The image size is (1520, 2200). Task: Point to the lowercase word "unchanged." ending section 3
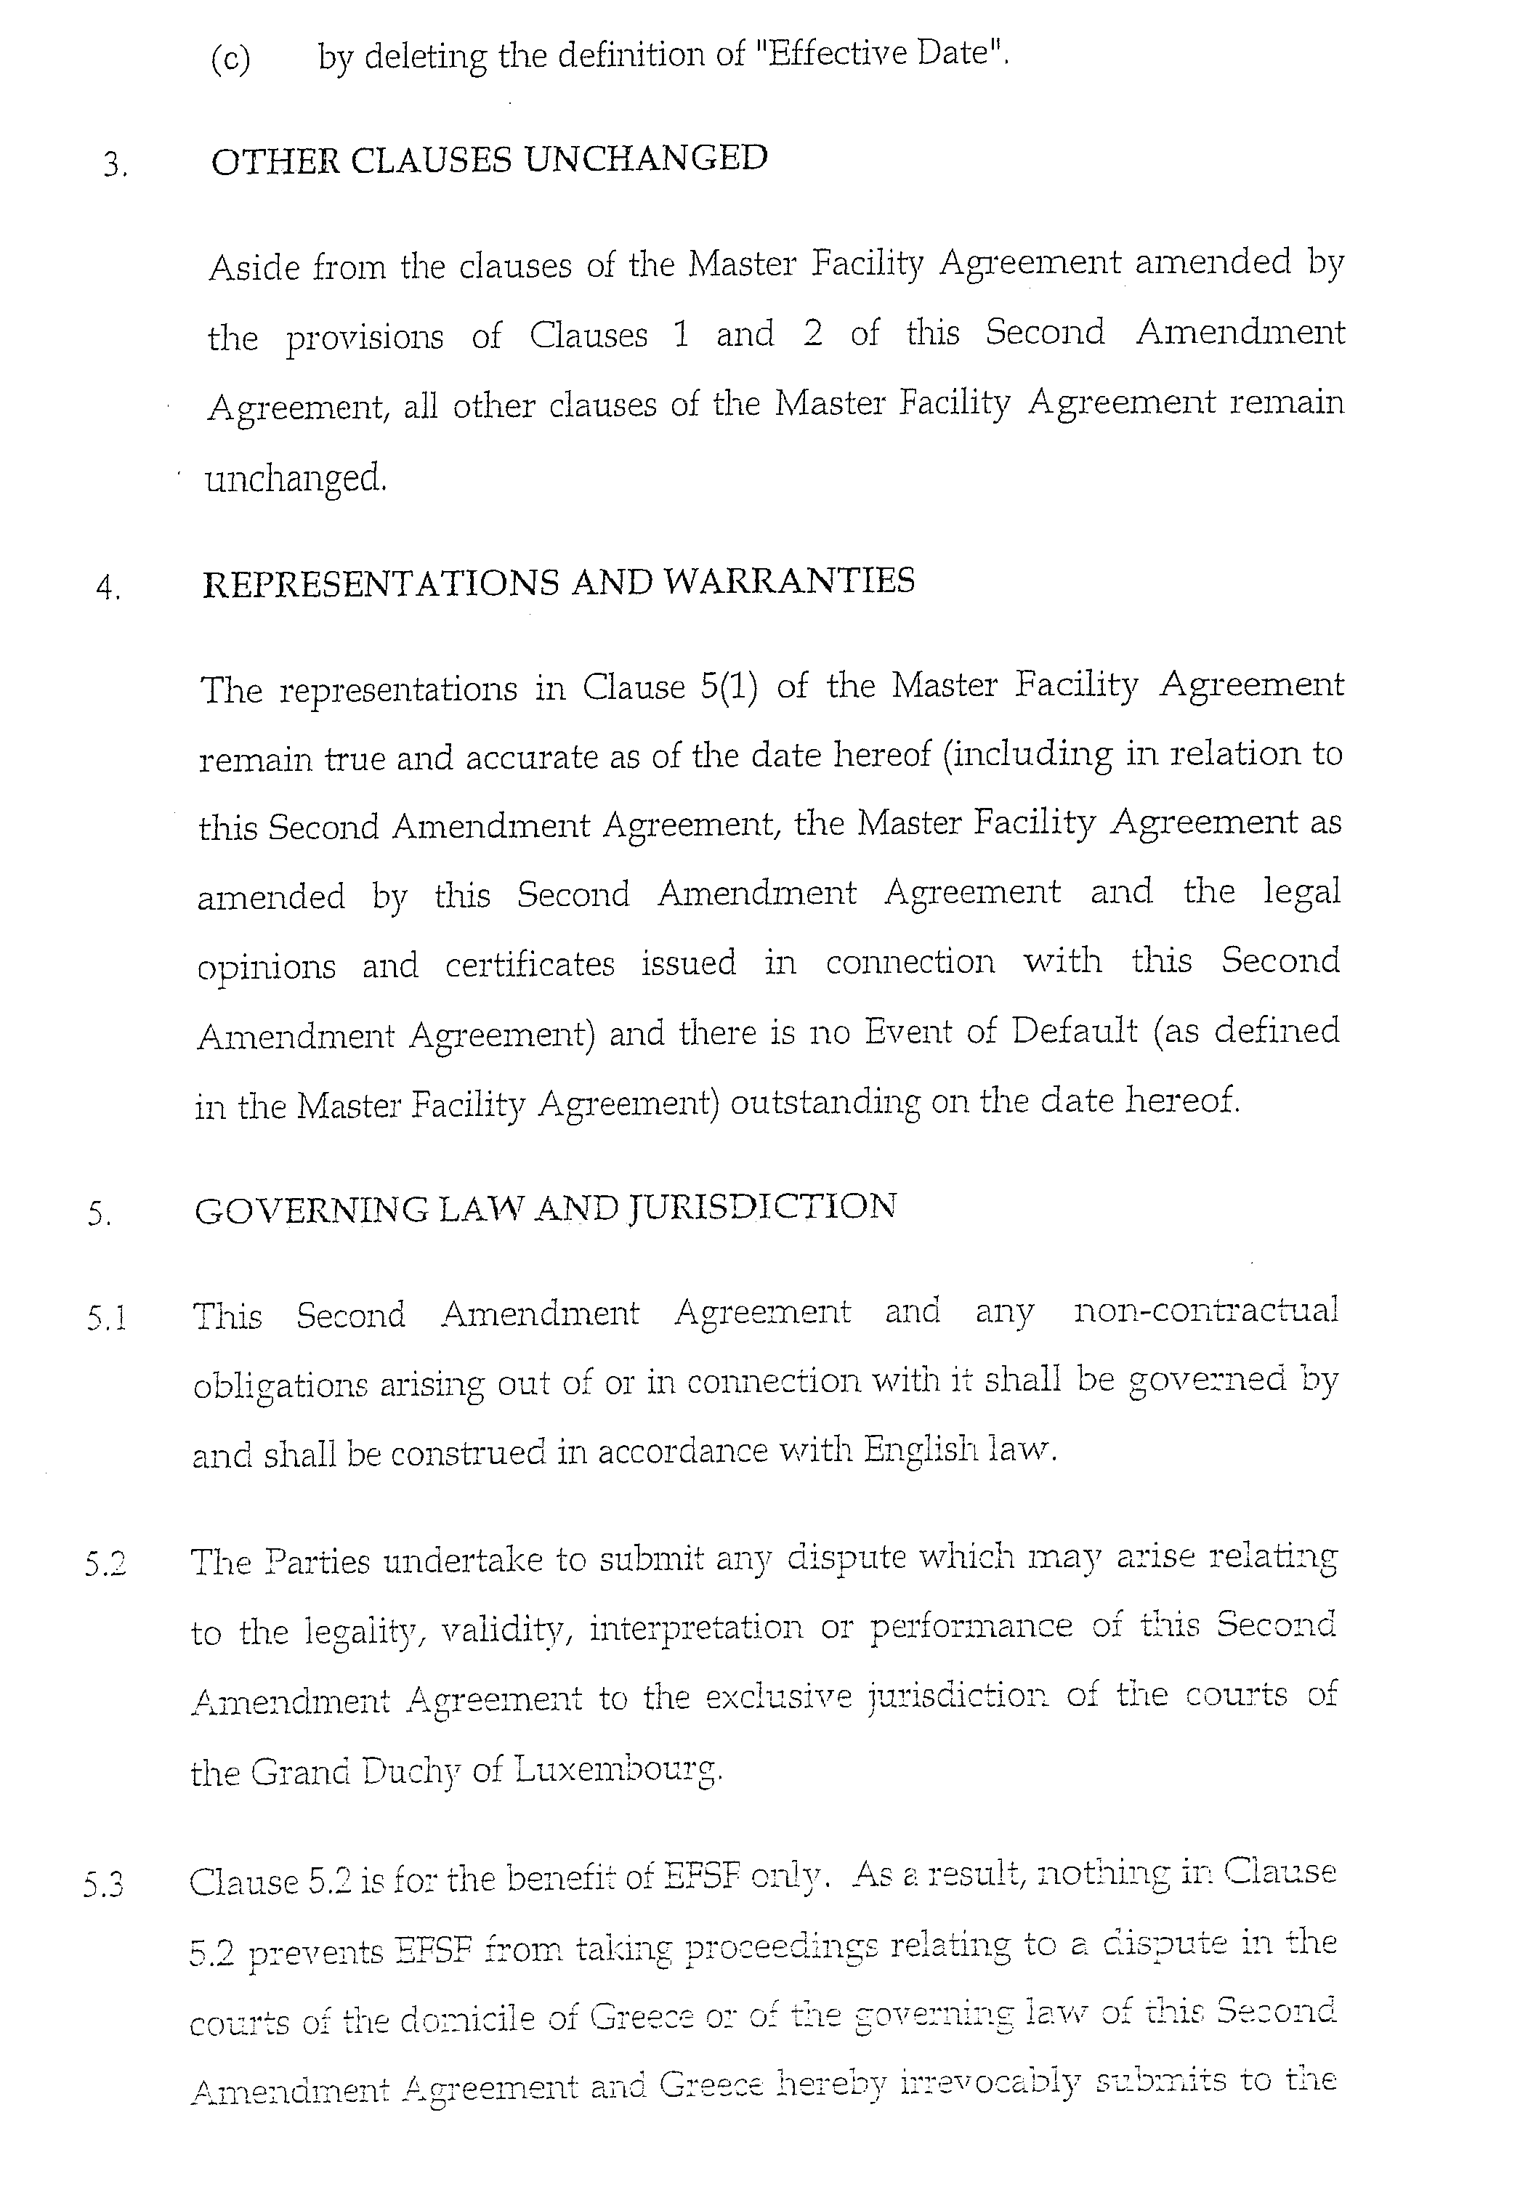[296, 478]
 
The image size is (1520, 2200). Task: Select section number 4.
[108, 589]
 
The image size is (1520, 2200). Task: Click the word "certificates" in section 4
[530, 964]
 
